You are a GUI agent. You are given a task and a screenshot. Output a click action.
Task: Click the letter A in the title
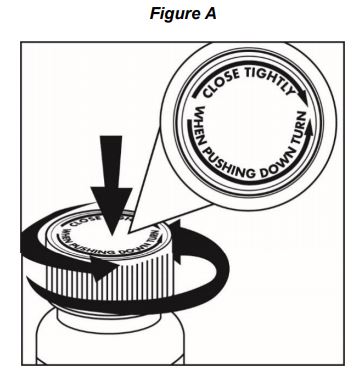click(208, 13)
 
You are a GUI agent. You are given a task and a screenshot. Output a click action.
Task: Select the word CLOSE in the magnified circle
click(221, 83)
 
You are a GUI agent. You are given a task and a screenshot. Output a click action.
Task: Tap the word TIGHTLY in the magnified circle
click(269, 79)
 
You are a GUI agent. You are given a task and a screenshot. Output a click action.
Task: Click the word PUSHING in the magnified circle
click(228, 162)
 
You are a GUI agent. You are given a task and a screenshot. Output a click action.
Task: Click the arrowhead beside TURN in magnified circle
click(310, 128)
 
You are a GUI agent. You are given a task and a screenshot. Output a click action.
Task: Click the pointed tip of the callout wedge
click(131, 231)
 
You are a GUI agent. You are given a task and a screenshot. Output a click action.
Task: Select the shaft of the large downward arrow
click(112, 161)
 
